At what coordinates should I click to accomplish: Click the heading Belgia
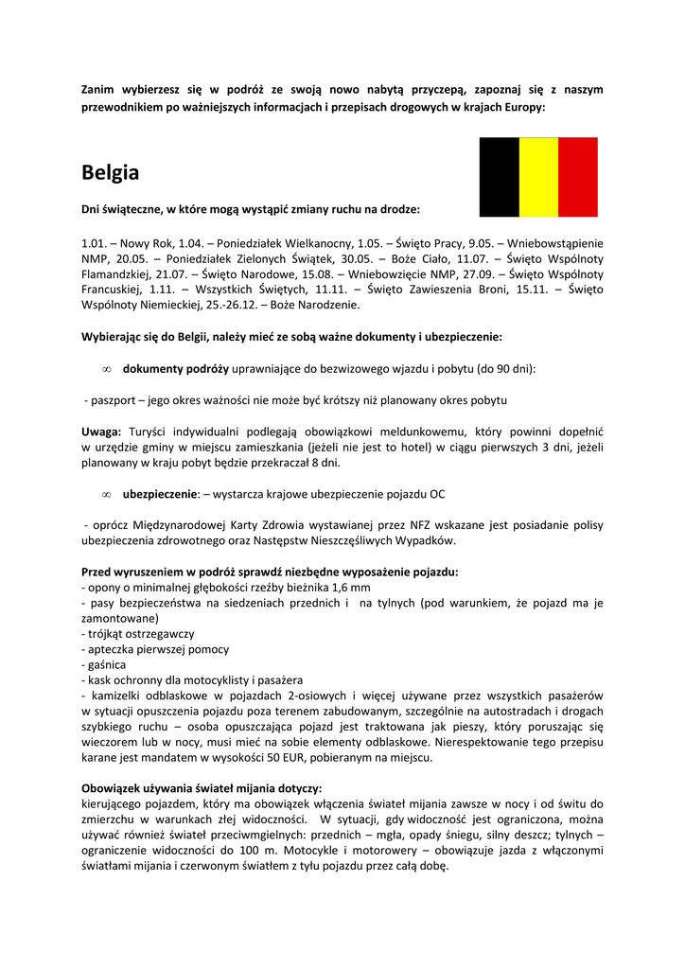(110, 173)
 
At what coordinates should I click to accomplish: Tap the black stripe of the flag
(499, 177)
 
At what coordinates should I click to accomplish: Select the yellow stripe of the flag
(538, 177)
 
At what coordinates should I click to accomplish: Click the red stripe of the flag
(578, 177)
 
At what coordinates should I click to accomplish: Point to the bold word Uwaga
(100, 431)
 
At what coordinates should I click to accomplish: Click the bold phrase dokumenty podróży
(175, 368)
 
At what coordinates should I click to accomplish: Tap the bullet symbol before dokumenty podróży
(107, 369)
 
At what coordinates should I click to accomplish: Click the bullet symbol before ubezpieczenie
(107, 495)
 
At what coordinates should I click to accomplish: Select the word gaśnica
(107, 665)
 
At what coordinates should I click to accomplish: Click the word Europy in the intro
(523, 107)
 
